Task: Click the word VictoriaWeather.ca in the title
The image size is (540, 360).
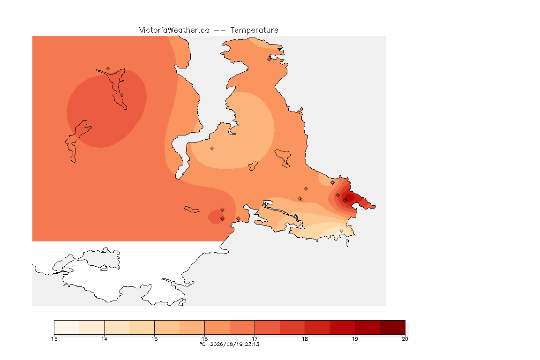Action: click(x=174, y=30)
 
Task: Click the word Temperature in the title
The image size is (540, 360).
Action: click(x=254, y=30)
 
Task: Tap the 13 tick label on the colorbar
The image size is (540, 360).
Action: click(x=54, y=339)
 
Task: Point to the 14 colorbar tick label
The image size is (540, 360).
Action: click(x=105, y=339)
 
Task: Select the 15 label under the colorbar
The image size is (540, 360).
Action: click(x=154, y=339)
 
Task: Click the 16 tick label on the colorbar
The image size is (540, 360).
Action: click(x=204, y=339)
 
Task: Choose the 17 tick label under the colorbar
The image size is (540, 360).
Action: click(x=255, y=339)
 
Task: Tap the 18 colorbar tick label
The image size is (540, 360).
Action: click(x=305, y=339)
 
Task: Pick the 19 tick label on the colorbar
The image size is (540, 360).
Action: click(x=355, y=339)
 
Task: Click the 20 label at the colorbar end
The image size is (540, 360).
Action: click(x=405, y=339)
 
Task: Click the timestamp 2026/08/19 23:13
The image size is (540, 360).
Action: click(x=234, y=344)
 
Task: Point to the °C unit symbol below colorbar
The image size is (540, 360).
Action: click(x=202, y=344)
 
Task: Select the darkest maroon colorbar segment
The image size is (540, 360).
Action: click(x=393, y=327)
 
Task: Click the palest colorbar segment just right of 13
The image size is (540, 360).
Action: click(x=67, y=327)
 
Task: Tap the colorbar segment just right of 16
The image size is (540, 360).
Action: click(x=217, y=327)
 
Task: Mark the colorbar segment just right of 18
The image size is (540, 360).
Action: click(x=317, y=327)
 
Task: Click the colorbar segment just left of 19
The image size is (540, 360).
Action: click(x=342, y=327)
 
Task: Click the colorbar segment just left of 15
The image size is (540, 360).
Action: click(x=142, y=327)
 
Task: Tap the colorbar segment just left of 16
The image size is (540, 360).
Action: click(x=192, y=327)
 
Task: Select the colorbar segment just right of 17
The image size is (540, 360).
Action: click(x=267, y=327)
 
